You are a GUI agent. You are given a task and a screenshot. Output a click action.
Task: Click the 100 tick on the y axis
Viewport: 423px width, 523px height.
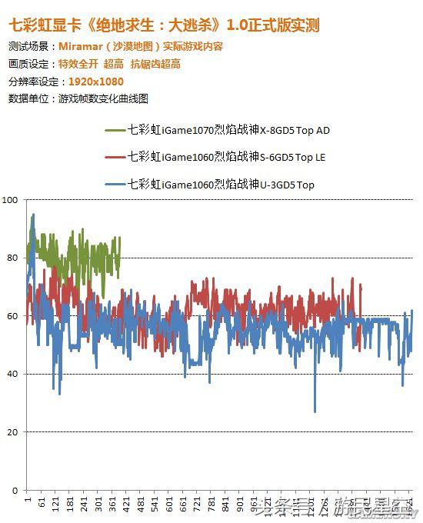click(10, 200)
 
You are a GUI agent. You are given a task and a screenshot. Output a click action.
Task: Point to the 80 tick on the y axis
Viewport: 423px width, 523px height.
click(12, 258)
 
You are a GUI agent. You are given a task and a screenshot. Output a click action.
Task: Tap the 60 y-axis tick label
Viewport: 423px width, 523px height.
click(12, 316)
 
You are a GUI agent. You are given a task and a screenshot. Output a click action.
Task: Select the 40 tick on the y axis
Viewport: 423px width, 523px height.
click(12, 374)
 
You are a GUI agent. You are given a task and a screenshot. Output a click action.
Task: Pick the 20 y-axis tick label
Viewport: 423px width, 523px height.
click(12, 432)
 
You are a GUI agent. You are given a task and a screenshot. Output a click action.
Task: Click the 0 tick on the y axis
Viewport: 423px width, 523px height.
click(15, 490)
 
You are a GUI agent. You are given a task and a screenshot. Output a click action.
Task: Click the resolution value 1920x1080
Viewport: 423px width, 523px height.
click(96, 81)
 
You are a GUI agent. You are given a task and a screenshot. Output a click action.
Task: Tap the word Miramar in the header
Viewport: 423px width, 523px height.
click(90, 46)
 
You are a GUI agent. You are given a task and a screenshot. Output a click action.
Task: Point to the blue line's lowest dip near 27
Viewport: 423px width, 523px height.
click(315, 411)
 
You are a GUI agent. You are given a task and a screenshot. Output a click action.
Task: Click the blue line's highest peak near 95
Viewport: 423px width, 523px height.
click(33, 215)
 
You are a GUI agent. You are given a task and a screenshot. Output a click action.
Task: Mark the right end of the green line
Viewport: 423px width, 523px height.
click(120, 238)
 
